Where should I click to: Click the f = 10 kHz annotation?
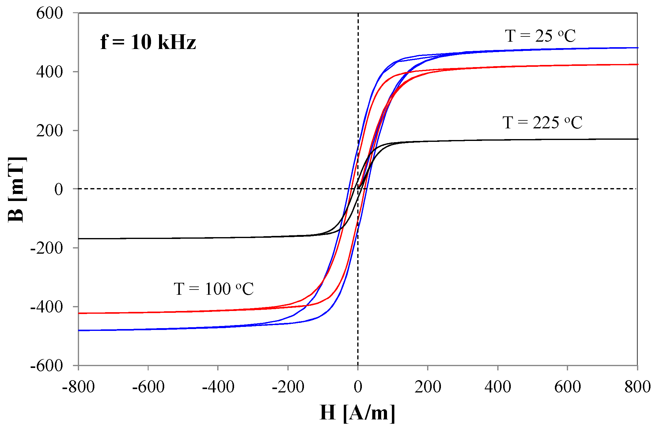click(148, 42)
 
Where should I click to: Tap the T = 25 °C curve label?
click(540, 36)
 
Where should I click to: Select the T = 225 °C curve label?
click(542, 123)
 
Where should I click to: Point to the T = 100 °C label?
click(214, 289)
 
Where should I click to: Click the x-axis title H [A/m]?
click(357, 413)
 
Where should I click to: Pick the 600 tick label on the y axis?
click(50, 13)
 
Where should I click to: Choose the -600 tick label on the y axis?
click(47, 366)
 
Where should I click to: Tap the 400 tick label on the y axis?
click(50, 72)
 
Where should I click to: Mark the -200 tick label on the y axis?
click(47, 248)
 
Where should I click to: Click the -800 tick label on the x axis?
click(78, 387)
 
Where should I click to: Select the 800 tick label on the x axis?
click(637, 387)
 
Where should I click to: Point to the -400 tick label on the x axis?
click(218, 387)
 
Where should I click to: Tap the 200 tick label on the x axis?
click(428, 387)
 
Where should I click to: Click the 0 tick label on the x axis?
click(358, 387)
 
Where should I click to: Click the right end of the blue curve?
click(637, 48)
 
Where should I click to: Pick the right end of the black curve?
click(637, 139)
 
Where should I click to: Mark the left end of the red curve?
click(79, 313)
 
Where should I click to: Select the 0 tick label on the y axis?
click(59, 189)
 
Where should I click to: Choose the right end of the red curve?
click(637, 64)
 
